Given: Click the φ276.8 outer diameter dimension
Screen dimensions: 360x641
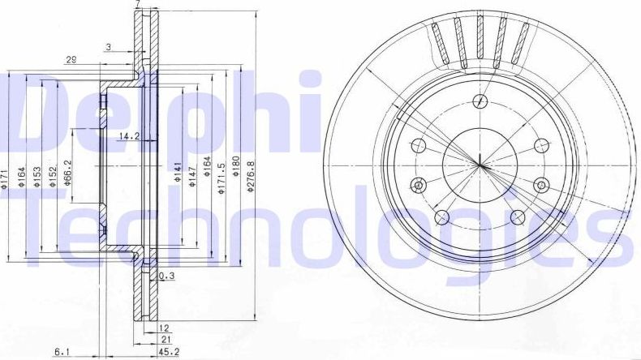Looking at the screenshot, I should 251,175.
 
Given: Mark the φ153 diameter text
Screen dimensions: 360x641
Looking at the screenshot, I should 37,175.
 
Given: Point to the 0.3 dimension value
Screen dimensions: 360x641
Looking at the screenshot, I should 167,276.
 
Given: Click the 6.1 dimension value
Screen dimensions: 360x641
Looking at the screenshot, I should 62,351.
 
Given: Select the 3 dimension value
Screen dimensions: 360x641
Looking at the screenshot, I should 107,48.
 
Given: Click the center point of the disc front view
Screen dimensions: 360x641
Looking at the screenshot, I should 480,166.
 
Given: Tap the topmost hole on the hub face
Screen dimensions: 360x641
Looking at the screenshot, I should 481,101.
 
